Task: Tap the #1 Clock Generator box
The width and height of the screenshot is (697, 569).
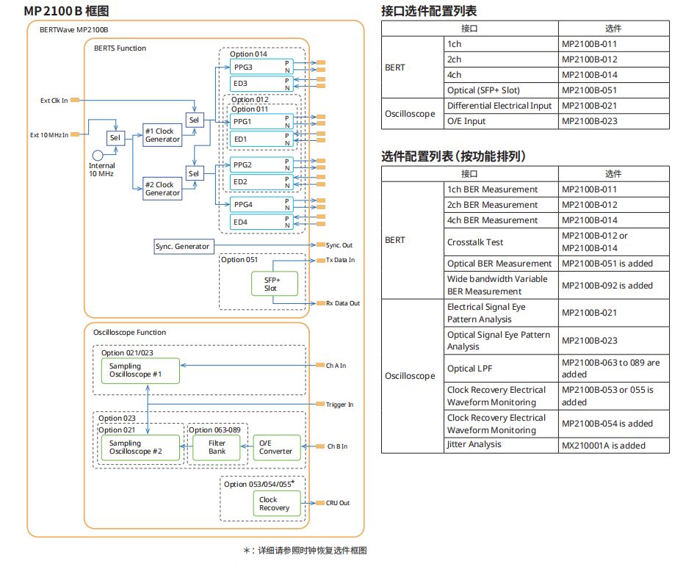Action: (x=162, y=135)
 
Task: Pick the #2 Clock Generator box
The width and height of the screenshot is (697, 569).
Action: (x=162, y=189)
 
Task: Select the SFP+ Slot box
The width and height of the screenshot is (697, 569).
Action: (x=271, y=283)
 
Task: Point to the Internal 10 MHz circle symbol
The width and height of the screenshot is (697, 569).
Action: (x=98, y=156)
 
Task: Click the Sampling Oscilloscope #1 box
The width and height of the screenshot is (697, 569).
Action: (x=140, y=370)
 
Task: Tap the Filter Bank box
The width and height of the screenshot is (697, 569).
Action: (x=217, y=448)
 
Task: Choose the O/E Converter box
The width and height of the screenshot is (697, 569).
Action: (x=276, y=447)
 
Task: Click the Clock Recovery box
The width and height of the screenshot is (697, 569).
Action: (x=275, y=504)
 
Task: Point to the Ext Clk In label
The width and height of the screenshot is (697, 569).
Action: (x=54, y=100)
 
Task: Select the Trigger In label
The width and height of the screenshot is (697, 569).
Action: (x=339, y=405)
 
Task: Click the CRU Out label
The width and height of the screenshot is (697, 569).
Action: (x=338, y=503)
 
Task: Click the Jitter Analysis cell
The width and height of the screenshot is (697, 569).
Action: (x=474, y=444)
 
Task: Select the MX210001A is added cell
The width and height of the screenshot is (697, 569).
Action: (x=603, y=445)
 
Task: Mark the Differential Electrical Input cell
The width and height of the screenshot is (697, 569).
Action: (x=499, y=106)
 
